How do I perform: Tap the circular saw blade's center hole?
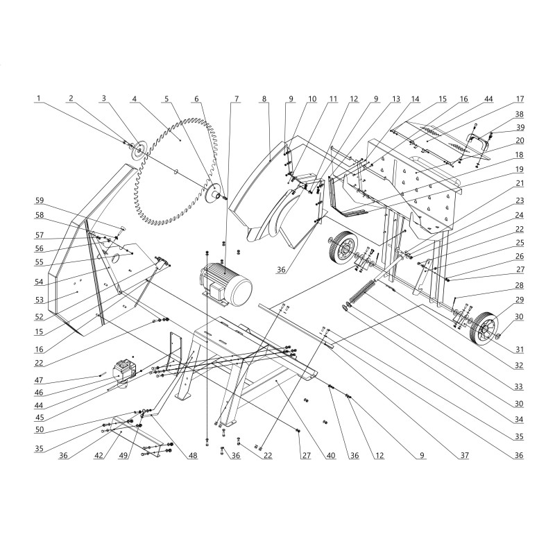[x=176, y=172]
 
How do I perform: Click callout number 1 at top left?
[x=39, y=98]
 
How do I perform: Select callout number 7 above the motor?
[x=237, y=98]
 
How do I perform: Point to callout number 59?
[x=40, y=200]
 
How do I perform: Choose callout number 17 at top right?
[x=519, y=99]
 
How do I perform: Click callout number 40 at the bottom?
[x=331, y=455]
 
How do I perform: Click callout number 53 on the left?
[x=40, y=300]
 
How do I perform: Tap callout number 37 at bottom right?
[x=463, y=455]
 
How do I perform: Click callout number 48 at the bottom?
[x=193, y=455]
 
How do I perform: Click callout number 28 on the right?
[x=519, y=285]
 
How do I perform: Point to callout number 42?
[x=99, y=455]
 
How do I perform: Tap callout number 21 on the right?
[x=519, y=183]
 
